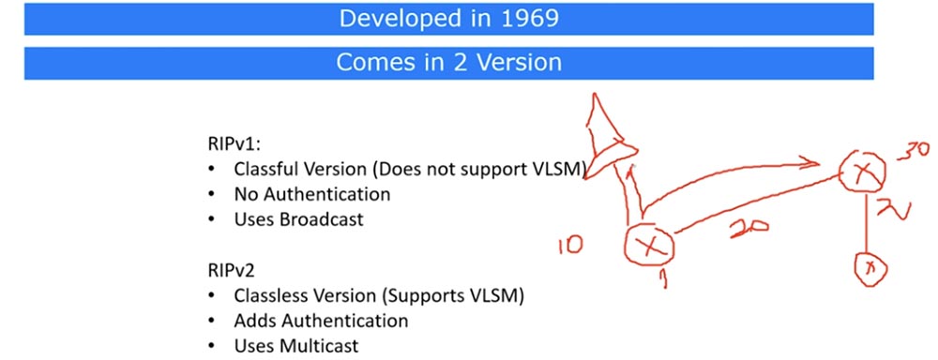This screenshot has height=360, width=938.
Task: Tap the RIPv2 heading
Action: click(229, 271)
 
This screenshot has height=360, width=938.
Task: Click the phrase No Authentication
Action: click(312, 195)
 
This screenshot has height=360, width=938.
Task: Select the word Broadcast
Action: click(324, 220)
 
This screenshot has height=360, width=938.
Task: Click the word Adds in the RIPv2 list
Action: click(254, 321)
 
